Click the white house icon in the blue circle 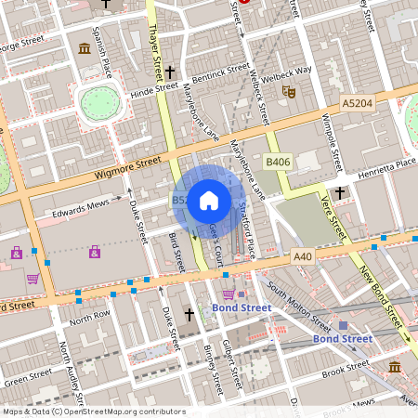click(x=209, y=200)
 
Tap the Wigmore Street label click(x=127, y=169)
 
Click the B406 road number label click(x=277, y=162)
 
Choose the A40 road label click(x=303, y=256)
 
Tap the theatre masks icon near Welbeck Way click(x=288, y=93)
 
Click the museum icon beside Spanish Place click(x=85, y=48)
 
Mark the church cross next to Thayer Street click(x=170, y=71)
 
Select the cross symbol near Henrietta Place click(x=340, y=192)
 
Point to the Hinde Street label click(x=153, y=90)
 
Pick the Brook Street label click(x=345, y=371)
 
